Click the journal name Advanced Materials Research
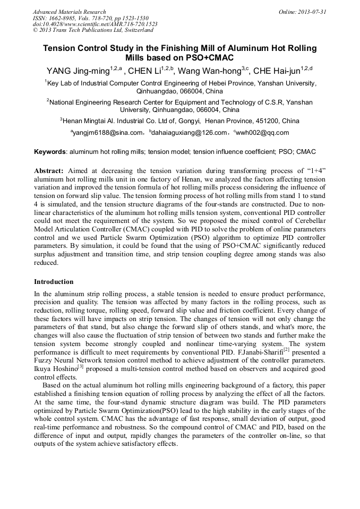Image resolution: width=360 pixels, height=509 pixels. click(x=69, y=12)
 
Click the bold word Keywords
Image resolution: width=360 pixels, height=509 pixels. click(x=50, y=152)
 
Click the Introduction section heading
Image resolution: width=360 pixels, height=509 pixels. click(x=54, y=282)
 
